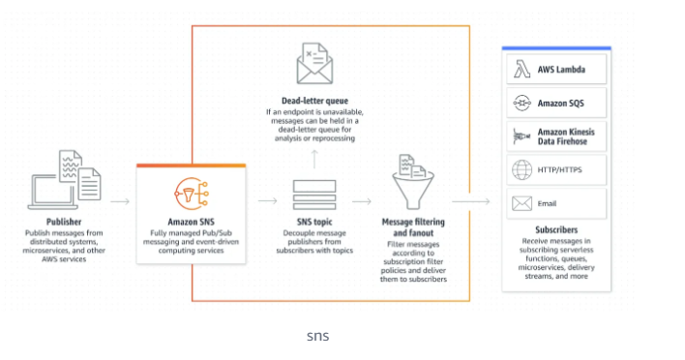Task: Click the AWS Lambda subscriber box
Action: pos(556,69)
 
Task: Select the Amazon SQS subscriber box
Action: pos(556,102)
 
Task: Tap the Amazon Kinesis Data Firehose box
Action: pos(556,135)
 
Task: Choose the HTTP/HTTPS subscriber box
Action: pos(556,170)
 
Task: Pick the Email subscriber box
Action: pos(556,203)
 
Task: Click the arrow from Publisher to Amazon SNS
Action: pos(120,202)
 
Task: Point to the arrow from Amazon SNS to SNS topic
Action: pos(267,202)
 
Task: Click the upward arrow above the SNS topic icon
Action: pos(314,159)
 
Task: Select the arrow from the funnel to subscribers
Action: pos(471,202)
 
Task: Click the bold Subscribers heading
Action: pos(555,230)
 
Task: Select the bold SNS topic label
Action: pos(314,222)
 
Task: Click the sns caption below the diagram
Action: pos(317,336)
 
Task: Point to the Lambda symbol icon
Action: pos(521,69)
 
